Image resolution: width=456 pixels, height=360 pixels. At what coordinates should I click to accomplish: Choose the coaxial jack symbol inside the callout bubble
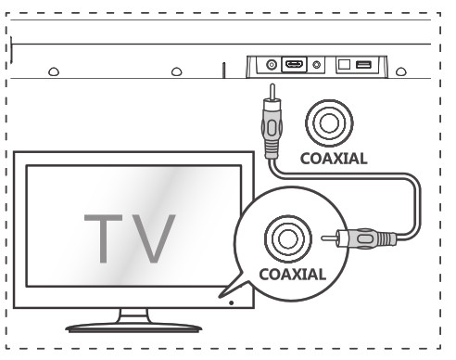click(282, 237)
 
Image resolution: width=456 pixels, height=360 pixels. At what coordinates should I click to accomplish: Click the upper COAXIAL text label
click(333, 158)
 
